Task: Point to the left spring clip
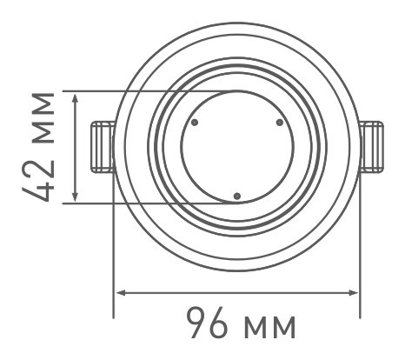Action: pos(102,146)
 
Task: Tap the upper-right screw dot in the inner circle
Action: pos(279,123)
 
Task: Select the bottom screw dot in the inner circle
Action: pos(236,196)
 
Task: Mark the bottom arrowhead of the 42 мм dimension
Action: pos(77,199)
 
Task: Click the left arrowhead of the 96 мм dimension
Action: pos(120,292)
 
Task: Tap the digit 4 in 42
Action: pos(43,190)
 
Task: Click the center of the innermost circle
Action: pos(236,147)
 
